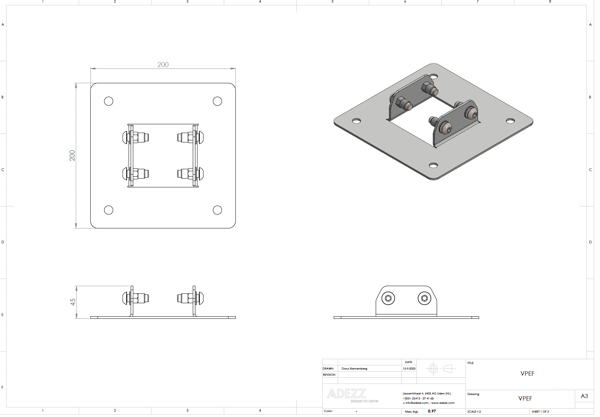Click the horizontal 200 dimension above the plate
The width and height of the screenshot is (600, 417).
click(163, 65)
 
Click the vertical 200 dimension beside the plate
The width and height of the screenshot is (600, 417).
click(72, 155)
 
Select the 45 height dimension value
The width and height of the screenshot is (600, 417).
click(73, 302)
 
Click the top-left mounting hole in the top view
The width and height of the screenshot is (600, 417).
click(109, 101)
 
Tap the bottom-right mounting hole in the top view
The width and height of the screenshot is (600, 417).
click(217, 210)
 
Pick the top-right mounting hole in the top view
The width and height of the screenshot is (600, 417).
click(217, 101)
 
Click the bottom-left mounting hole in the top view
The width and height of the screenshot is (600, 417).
click(109, 210)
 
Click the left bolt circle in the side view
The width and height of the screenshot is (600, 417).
click(388, 298)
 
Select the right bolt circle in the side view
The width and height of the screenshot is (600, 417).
click(424, 298)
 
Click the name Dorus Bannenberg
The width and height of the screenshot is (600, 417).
click(354, 369)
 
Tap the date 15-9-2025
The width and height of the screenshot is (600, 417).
click(409, 369)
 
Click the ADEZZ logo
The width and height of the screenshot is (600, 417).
click(347, 394)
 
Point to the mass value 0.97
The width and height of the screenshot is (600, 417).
click(432, 411)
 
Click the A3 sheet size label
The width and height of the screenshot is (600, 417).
click(584, 396)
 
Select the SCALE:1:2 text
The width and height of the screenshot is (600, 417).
click(474, 412)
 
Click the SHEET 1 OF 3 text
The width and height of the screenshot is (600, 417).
click(540, 412)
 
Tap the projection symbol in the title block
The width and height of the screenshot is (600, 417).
click(440, 368)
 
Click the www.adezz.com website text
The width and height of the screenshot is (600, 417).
click(443, 403)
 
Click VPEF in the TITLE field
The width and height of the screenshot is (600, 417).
click(527, 374)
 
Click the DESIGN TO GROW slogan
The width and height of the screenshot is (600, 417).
click(364, 401)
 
